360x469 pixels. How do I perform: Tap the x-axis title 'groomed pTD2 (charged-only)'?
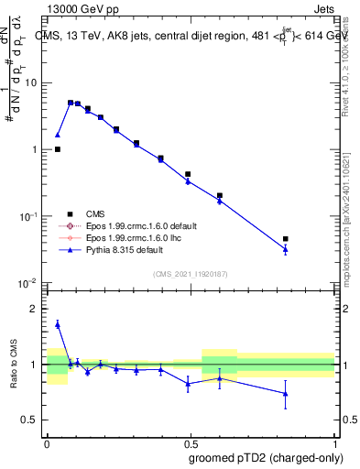coord(266,458)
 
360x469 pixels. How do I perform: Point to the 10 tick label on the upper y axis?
coord(30,82)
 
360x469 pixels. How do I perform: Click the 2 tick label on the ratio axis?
coord(35,309)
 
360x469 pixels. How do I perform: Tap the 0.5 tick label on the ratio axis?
coord(31,420)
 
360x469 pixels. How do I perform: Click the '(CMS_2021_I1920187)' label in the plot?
coord(190,273)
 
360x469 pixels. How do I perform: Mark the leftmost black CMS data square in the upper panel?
coord(58,149)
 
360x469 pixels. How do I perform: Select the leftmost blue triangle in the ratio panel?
coord(58,324)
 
